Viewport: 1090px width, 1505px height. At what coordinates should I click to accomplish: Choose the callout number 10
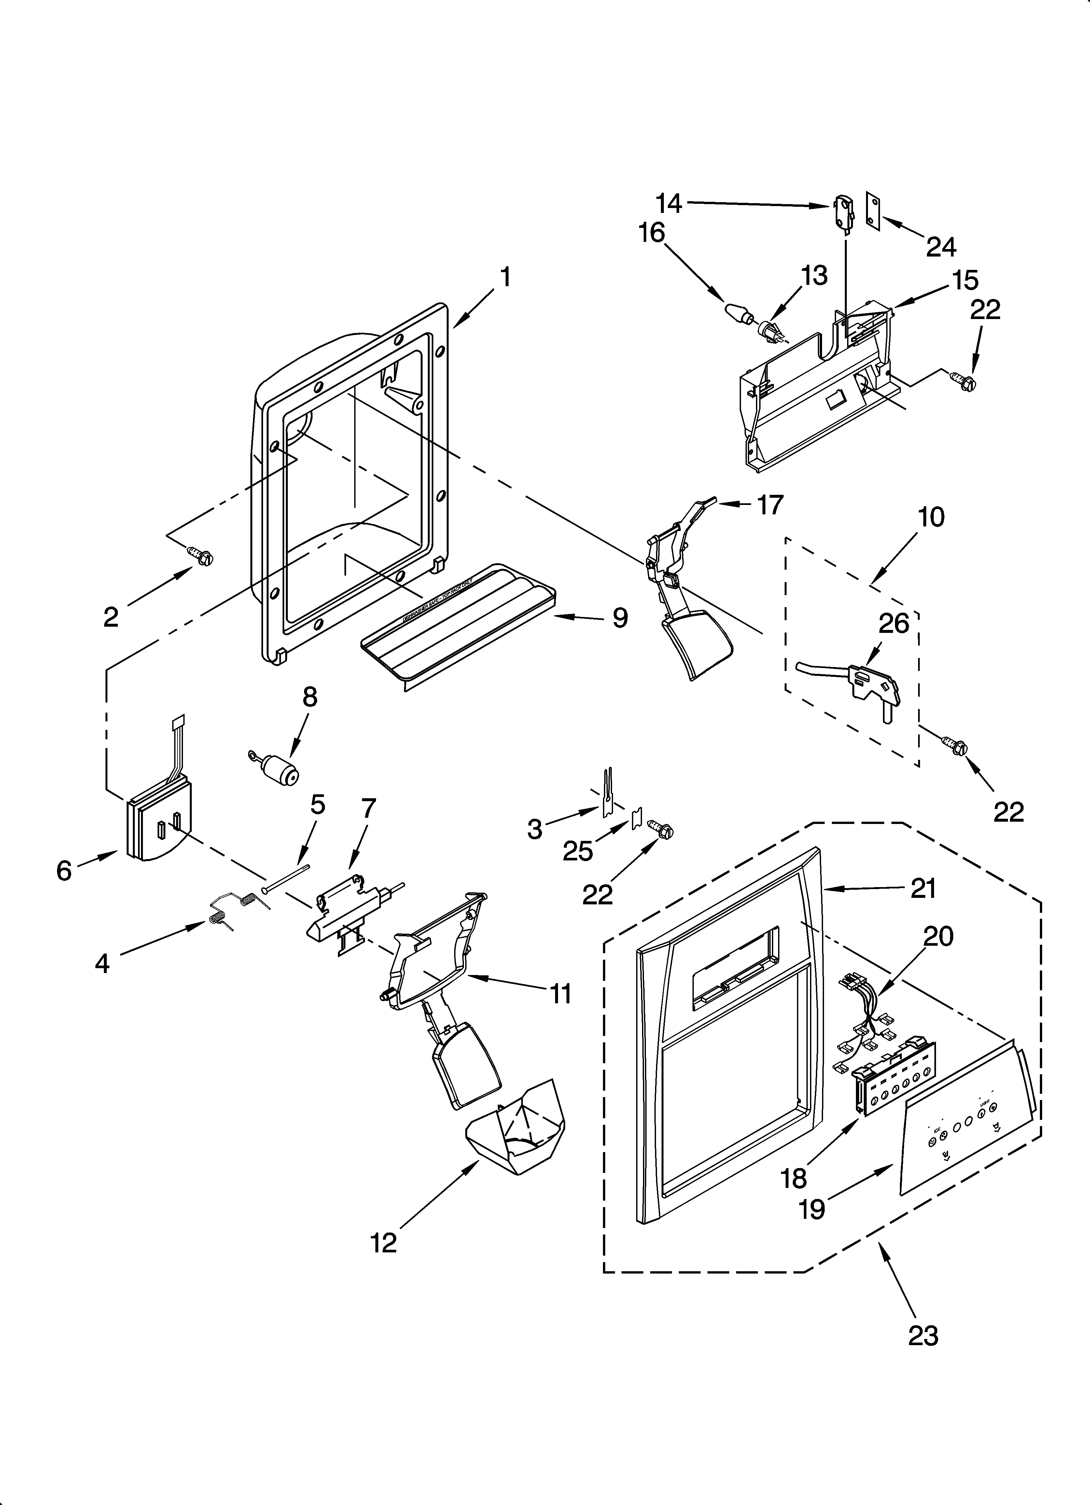click(x=931, y=516)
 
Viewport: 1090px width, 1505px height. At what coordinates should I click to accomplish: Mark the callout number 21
click(x=923, y=888)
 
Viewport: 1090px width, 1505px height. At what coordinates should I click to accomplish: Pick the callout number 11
click(x=561, y=994)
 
